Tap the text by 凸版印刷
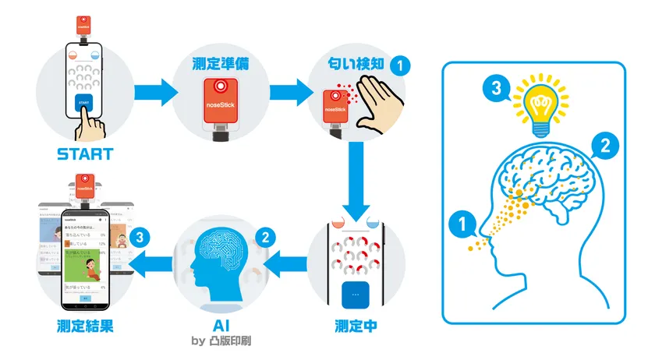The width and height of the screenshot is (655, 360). point(221,341)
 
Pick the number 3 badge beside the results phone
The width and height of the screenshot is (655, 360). point(140,235)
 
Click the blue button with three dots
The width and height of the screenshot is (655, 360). point(356,295)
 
